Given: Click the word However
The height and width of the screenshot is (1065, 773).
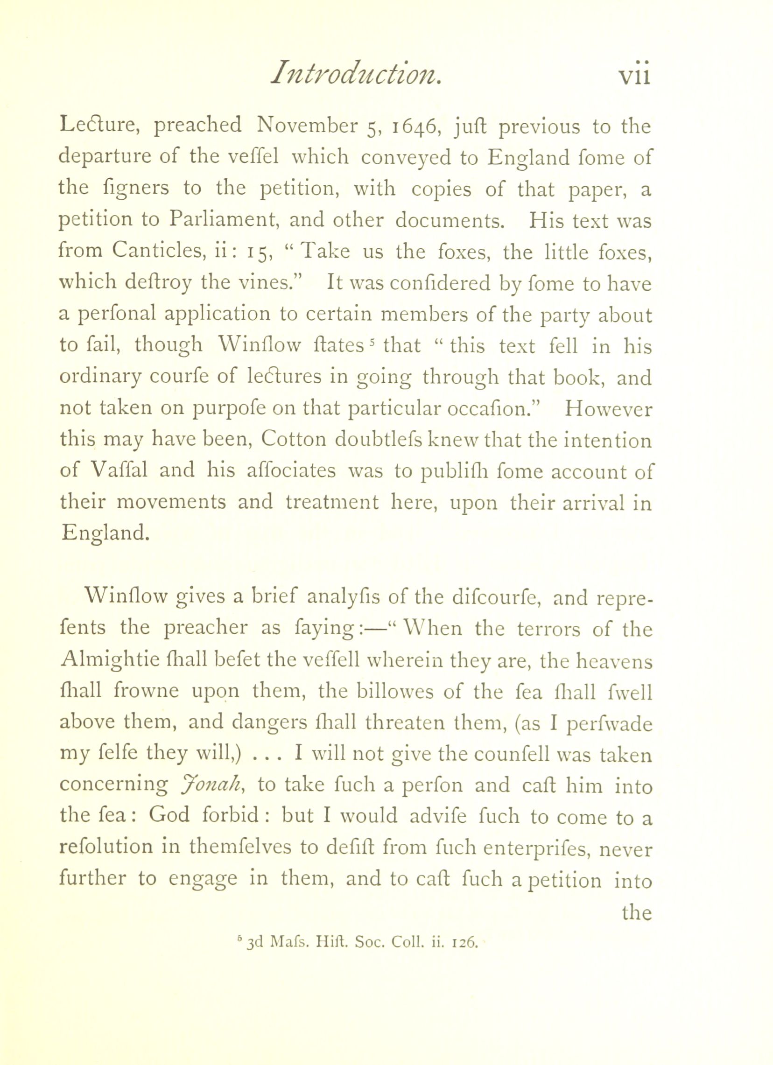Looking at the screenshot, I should [608, 408].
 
